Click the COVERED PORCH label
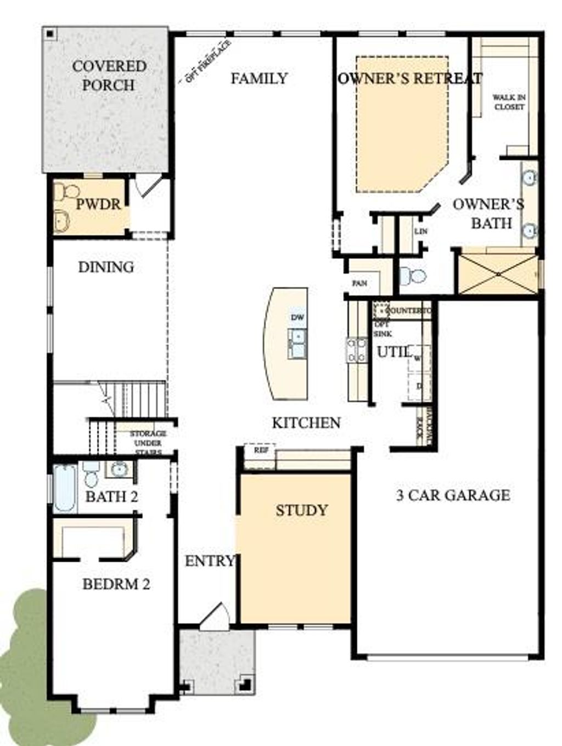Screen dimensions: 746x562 pyautogui.click(x=109, y=76)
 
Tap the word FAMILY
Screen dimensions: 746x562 pyautogui.click(x=259, y=78)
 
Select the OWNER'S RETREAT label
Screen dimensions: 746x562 pyautogui.click(x=410, y=78)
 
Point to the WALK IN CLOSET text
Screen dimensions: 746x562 pyautogui.click(x=509, y=102)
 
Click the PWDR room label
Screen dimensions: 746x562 pyautogui.click(x=98, y=205)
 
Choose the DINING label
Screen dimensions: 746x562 pyautogui.click(x=106, y=267)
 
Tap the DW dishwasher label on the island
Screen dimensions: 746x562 pyautogui.click(x=297, y=318)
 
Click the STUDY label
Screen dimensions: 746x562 pyautogui.click(x=301, y=511)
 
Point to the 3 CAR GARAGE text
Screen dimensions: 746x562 pyautogui.click(x=453, y=495)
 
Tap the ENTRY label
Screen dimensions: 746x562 pyautogui.click(x=210, y=561)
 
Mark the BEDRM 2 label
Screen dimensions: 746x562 pyautogui.click(x=116, y=584)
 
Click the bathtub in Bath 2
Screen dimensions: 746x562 pyautogui.click(x=65, y=488)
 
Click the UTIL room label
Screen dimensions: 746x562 pyautogui.click(x=394, y=352)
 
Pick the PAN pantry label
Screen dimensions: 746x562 pyautogui.click(x=359, y=284)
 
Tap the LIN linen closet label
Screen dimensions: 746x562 pyautogui.click(x=420, y=231)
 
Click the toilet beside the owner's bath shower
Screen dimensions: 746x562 pyautogui.click(x=413, y=276)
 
